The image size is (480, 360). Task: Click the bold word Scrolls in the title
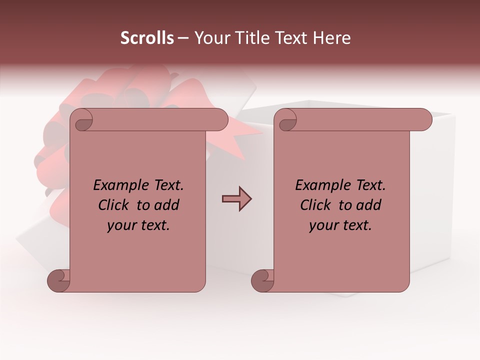pos(147,38)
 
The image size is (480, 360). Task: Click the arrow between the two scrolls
pos(236,199)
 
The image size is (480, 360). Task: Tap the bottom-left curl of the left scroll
pos(58,280)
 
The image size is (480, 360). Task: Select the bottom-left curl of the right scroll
pos(262,280)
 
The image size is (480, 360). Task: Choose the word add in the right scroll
pos(369,205)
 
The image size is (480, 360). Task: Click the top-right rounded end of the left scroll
pos(220,120)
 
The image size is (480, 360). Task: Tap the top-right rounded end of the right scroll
pos(424,120)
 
